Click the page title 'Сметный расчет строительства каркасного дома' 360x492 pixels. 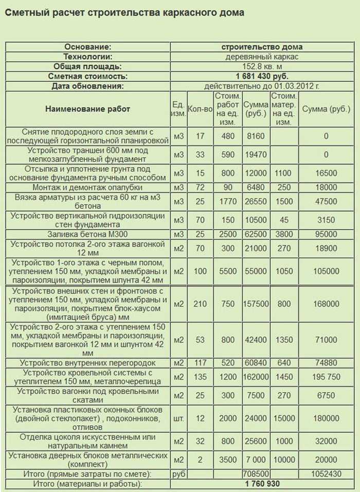124,12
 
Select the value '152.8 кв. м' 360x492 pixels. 262,66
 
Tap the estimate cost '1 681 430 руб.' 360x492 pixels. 262,76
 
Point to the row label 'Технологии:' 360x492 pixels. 87,57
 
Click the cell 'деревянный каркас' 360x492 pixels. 262,57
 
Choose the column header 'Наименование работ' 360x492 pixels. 87,109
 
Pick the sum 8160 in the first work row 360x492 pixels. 255,136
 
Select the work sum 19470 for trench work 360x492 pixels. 255,154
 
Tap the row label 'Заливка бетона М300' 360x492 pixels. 87,234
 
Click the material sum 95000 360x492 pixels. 326,234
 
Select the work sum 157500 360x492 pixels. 255,304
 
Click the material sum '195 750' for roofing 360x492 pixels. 326,377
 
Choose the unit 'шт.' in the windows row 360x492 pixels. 178,418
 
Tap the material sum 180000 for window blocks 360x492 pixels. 326,418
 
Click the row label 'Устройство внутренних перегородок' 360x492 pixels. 87,363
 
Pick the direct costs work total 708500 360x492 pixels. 255,473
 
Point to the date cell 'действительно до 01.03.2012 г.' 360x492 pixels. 262,86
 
